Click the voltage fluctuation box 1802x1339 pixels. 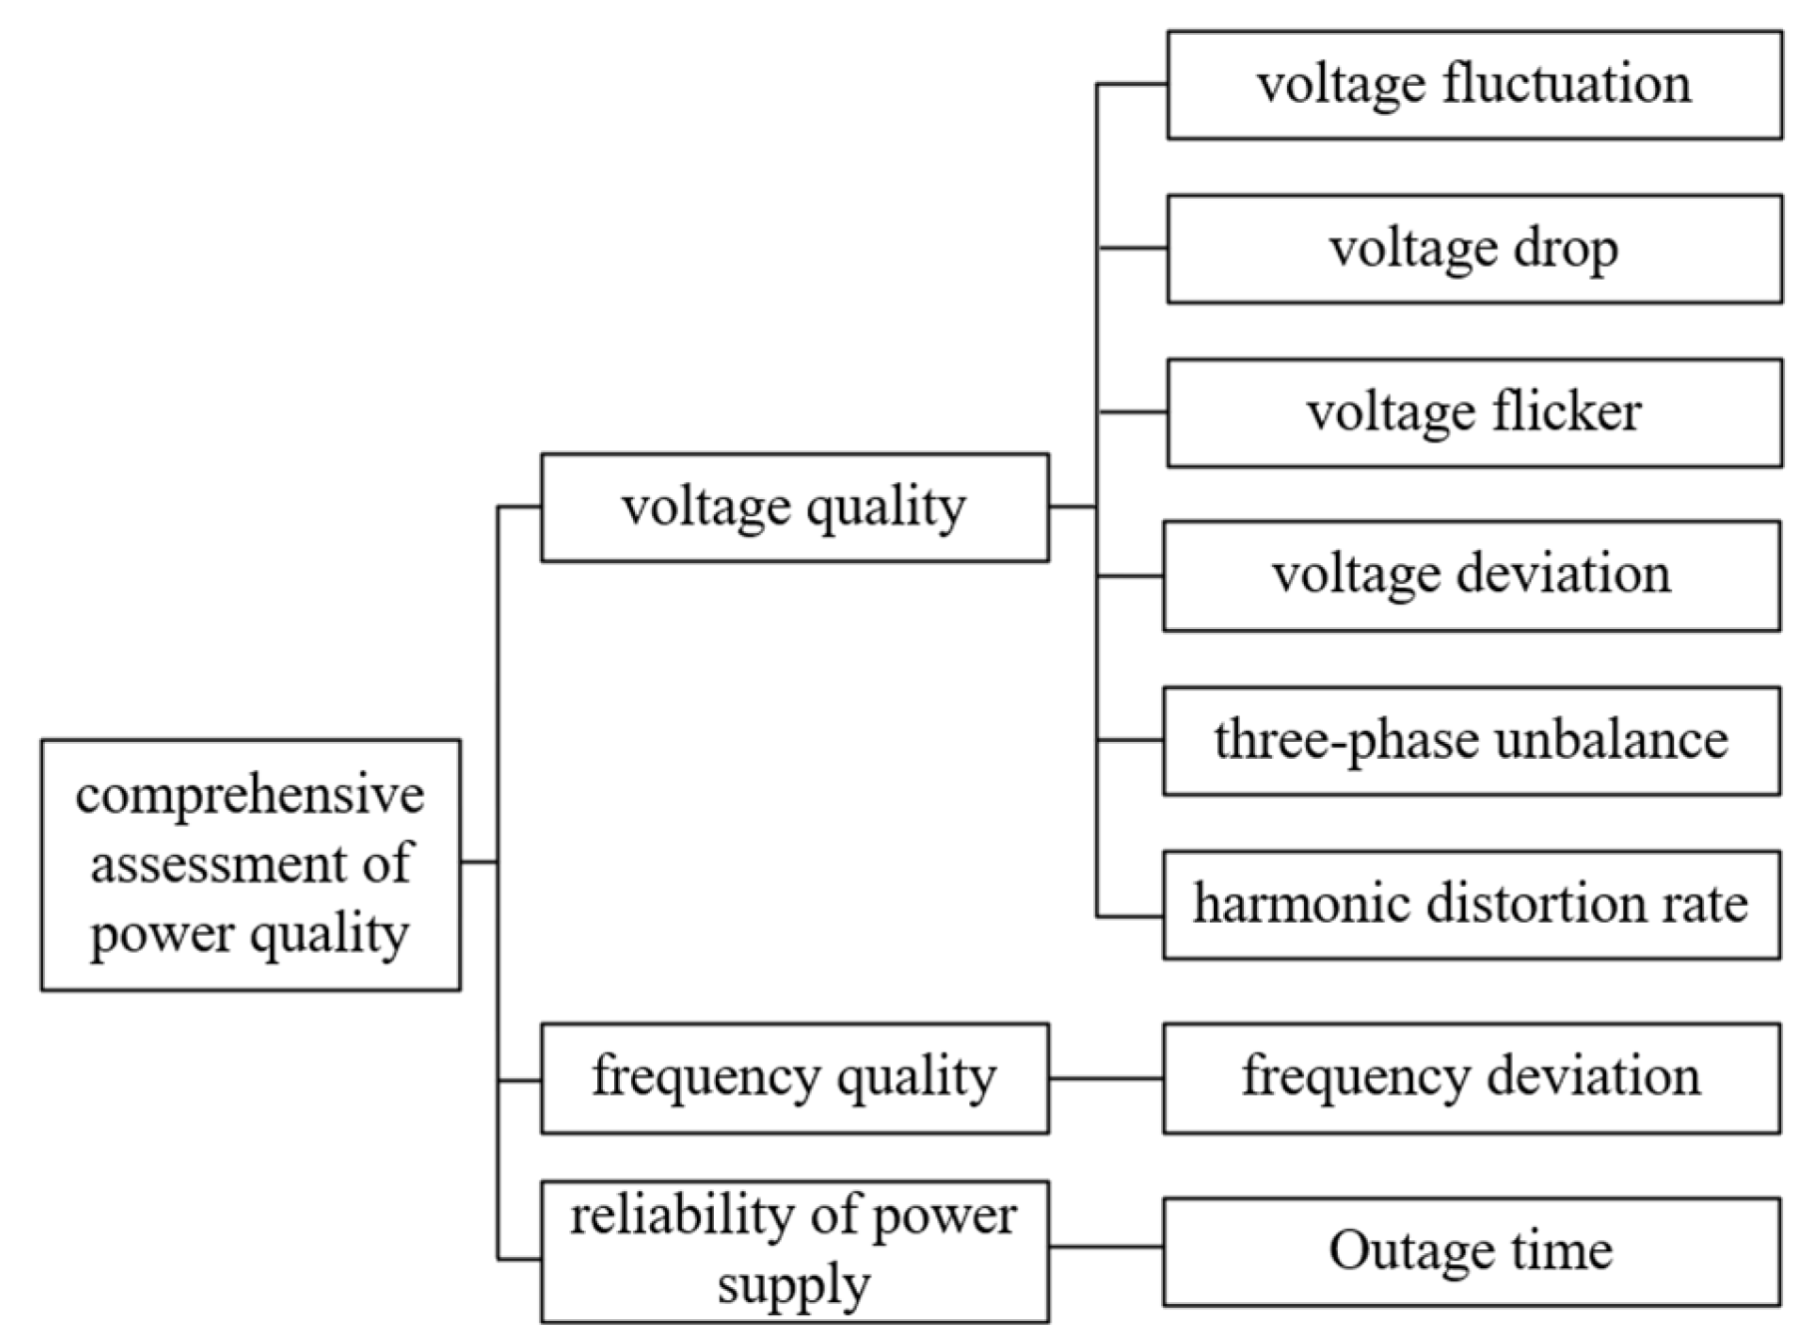tap(1474, 85)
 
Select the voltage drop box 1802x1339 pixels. tap(1474, 249)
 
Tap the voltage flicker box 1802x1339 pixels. tap(1474, 412)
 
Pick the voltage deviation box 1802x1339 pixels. tap(1471, 575)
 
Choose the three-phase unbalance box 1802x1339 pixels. tap(1471, 740)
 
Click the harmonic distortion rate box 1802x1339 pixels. tap(1471, 905)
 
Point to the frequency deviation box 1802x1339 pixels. tap(1471, 1077)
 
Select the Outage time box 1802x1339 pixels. tap(1471, 1251)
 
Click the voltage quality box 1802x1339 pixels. tap(795, 507)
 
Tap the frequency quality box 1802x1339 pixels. tap(795, 1077)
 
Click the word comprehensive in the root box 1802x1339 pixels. tap(250, 796)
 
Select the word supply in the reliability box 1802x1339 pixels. tap(794, 1285)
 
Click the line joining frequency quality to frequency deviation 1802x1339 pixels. tap(1105, 1078)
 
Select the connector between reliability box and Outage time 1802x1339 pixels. tap(1105, 1246)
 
